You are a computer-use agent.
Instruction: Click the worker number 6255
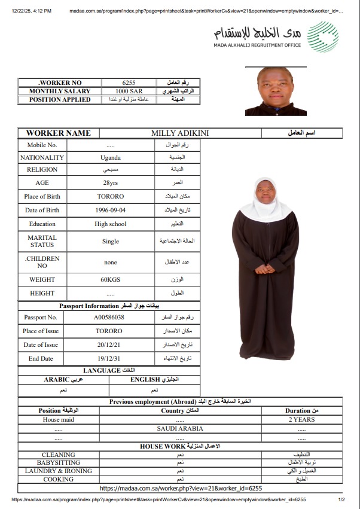pyautogui.click(x=129, y=83)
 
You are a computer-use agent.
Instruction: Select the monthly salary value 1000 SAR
pyautogui.click(x=129, y=91)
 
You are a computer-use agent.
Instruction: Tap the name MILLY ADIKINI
pyautogui.click(x=180, y=133)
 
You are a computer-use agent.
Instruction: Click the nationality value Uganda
pyautogui.click(x=111, y=158)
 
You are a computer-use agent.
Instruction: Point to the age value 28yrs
pyautogui.click(x=111, y=182)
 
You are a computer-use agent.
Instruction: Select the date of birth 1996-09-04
pyautogui.click(x=111, y=210)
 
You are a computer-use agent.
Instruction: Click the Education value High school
pyautogui.click(x=111, y=224)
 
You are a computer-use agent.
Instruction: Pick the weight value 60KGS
pyautogui.click(x=111, y=279)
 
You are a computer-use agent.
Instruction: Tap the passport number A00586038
pyautogui.click(x=109, y=317)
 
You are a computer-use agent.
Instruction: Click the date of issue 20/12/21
pyautogui.click(x=109, y=345)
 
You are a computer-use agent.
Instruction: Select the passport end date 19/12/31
pyautogui.click(x=109, y=358)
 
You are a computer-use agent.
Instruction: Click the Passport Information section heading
pyautogui.click(x=109, y=306)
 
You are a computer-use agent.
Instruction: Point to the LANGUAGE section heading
pyautogui.click(x=109, y=371)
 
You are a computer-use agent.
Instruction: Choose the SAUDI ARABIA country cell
pyautogui.click(x=180, y=428)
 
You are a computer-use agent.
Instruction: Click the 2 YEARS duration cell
pyautogui.click(x=301, y=420)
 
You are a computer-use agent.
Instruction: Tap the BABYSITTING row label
pyautogui.click(x=59, y=463)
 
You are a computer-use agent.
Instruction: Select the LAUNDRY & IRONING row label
pyautogui.click(x=59, y=471)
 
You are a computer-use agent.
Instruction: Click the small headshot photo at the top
pyautogui.click(x=276, y=92)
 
